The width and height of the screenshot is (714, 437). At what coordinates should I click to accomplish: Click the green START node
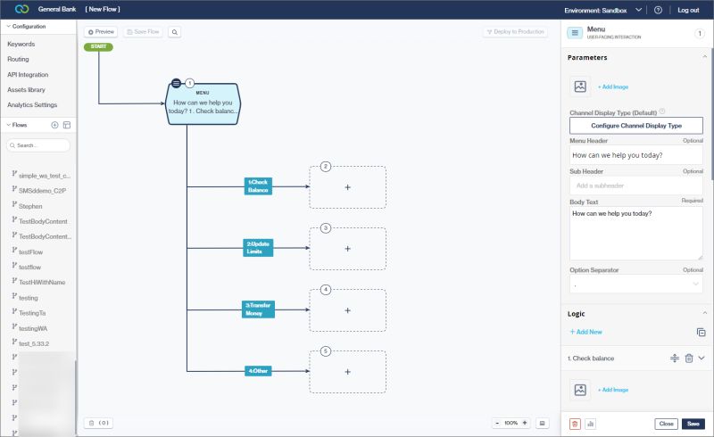pos(98,45)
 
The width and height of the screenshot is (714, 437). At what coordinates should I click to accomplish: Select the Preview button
pos(101,31)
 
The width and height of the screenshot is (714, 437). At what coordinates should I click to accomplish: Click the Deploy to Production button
pos(515,31)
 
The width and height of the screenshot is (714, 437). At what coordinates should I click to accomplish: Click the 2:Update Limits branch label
pos(259,247)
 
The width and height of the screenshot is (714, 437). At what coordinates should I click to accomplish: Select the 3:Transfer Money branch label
pos(258,309)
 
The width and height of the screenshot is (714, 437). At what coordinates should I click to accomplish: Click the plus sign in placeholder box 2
pos(347,187)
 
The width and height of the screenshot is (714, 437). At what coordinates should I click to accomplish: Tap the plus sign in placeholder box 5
pos(347,372)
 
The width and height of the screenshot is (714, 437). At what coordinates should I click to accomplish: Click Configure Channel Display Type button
pos(635,126)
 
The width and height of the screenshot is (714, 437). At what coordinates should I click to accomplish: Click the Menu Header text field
pos(635,155)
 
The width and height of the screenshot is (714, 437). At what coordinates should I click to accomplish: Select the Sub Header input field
pos(635,186)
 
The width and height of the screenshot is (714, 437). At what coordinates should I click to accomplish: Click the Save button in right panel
pos(693,424)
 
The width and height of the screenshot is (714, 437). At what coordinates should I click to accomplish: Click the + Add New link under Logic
pos(586,332)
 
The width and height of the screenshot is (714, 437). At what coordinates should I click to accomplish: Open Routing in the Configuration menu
pos(19,59)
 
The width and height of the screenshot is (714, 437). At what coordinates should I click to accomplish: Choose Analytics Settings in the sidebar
pos(32,104)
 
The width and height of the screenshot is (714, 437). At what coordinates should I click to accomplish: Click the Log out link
pos(688,10)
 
